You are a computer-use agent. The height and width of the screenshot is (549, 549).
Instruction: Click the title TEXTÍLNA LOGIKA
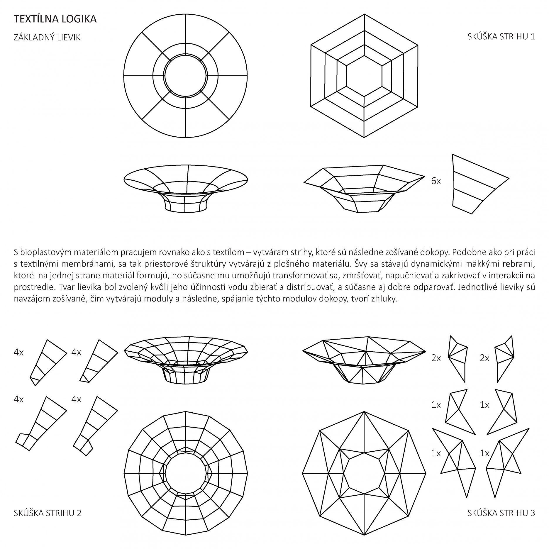point(55,19)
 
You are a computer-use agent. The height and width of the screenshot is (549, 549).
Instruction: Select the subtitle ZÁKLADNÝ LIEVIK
point(47,38)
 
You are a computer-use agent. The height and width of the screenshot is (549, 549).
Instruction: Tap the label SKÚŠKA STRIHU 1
point(501,37)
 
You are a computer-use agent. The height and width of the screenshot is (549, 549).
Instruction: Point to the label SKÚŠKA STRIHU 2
point(48,513)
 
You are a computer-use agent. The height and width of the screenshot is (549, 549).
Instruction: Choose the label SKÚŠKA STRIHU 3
point(501,513)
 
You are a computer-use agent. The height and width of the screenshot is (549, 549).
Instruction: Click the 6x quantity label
point(436,181)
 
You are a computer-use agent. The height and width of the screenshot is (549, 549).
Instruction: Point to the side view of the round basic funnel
point(186,188)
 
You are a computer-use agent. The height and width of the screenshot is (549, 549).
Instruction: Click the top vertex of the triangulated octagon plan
point(364,411)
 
